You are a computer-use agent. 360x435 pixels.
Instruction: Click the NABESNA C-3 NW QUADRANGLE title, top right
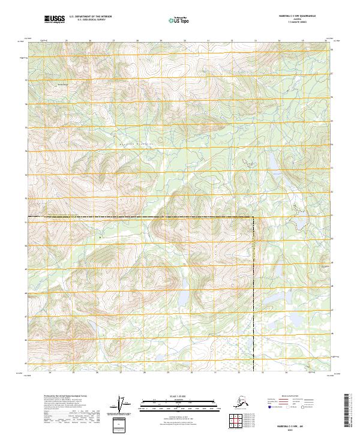point(305,17)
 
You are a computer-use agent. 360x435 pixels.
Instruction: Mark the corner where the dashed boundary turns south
point(253,216)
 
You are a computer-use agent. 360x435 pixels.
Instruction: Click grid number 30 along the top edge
point(184,41)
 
